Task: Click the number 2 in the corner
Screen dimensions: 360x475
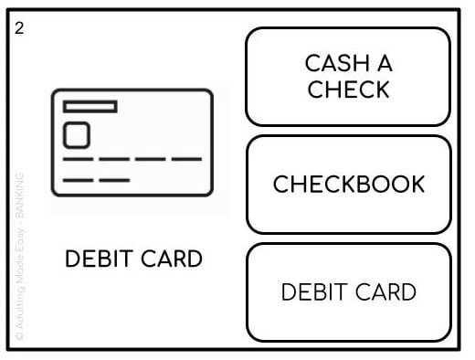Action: (x=20, y=27)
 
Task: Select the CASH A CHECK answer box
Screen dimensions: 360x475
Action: (x=348, y=77)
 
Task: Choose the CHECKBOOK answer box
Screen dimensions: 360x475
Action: (x=348, y=185)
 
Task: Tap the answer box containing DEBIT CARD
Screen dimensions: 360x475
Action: (x=348, y=292)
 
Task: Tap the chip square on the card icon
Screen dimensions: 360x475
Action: (x=77, y=136)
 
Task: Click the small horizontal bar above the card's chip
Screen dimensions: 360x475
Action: (x=90, y=107)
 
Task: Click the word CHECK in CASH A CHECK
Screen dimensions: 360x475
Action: (x=348, y=90)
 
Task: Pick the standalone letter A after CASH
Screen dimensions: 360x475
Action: (x=384, y=63)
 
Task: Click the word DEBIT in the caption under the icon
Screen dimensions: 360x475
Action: (x=95, y=259)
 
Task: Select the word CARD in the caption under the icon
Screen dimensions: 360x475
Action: (x=168, y=259)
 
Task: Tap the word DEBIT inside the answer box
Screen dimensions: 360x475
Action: (x=311, y=292)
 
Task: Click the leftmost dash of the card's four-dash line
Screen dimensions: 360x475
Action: (x=77, y=160)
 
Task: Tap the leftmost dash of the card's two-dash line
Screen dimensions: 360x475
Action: (x=77, y=180)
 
